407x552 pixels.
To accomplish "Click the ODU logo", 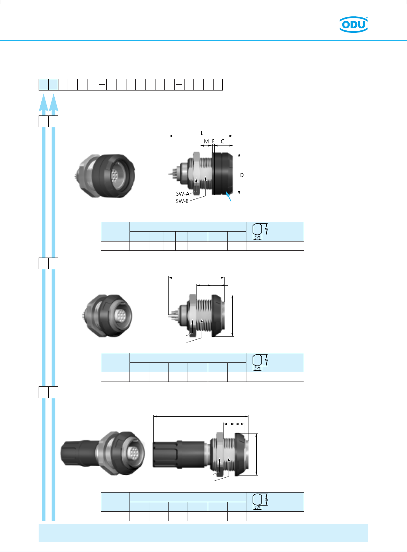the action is coord(353,24).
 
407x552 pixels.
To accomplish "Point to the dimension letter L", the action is coord(202,133).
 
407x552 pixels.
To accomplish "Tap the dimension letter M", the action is coord(206,141).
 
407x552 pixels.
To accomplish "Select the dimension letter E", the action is coord(213,141).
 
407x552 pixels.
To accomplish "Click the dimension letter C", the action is coord(222,141).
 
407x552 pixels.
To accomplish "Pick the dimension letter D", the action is coord(242,175).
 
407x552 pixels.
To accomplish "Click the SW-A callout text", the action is coord(183,194).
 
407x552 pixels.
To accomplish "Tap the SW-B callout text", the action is coord(182,201).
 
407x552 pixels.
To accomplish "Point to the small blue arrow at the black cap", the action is coord(229,196).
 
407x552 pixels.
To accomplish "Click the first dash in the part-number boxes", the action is coord(102,84).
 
